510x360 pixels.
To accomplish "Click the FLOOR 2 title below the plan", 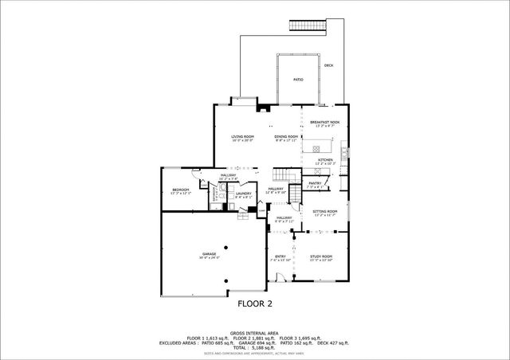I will (x=255, y=303).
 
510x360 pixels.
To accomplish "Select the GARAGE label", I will (x=210, y=256).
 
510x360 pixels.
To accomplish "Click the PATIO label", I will (x=298, y=80).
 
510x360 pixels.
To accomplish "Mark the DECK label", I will (x=328, y=65).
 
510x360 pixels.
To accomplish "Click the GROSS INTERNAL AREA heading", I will (x=255, y=332).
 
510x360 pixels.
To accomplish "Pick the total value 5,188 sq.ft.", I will (x=255, y=348).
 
